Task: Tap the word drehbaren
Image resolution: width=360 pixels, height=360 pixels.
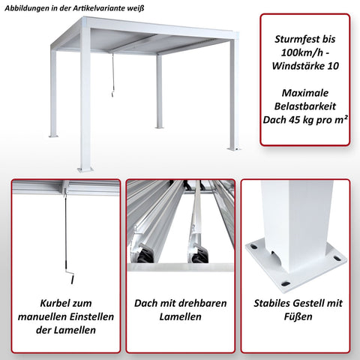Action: tap(204, 303)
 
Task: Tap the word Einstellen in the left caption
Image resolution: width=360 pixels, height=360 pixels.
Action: tap(88, 318)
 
